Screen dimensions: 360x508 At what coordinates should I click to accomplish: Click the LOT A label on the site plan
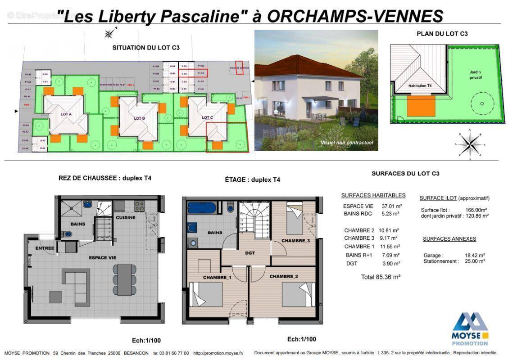(66, 114)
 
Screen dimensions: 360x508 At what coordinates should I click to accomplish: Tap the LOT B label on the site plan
(139, 118)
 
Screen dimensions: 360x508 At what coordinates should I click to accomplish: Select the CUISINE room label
(125, 217)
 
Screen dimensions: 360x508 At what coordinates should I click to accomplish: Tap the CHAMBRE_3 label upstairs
(295, 241)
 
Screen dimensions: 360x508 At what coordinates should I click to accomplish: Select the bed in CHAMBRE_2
(297, 295)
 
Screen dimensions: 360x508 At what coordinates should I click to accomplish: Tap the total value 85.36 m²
(381, 277)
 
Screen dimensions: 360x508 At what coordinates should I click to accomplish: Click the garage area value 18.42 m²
(475, 255)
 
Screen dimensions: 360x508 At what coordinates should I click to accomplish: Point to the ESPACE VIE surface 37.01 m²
(392, 206)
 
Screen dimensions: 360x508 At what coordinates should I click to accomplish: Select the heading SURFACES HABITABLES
(373, 195)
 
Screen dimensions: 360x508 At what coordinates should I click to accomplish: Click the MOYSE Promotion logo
(470, 329)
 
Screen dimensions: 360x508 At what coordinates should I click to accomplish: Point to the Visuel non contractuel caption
(346, 143)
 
